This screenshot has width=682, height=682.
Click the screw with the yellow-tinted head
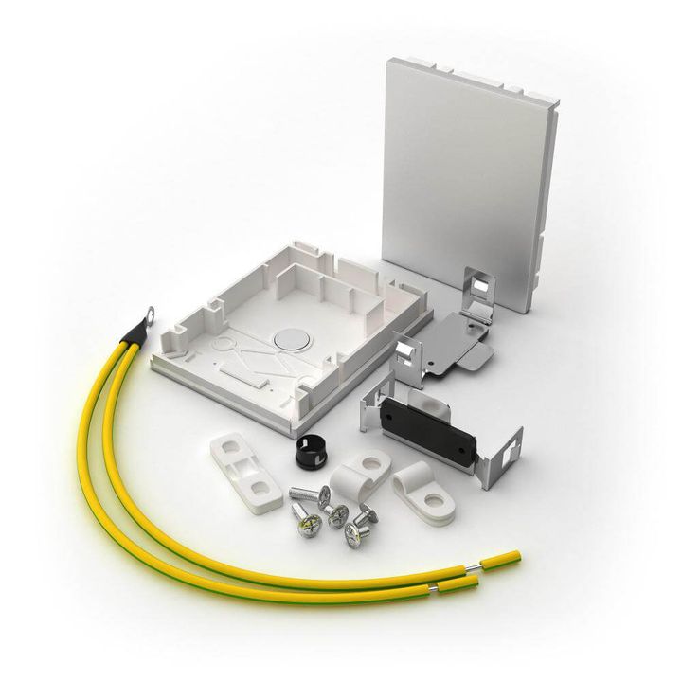[x=304, y=519]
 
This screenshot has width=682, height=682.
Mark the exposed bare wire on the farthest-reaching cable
[x=472, y=567]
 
